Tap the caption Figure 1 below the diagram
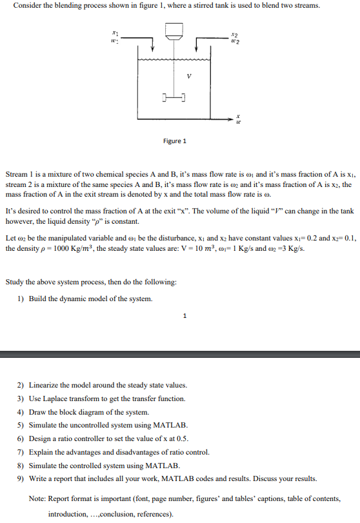tap(175, 141)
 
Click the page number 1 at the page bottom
tap(185, 316)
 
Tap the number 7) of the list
tap(21, 451)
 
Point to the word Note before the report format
tap(39, 497)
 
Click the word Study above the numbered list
tap(16, 281)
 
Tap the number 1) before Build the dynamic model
tap(21, 299)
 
